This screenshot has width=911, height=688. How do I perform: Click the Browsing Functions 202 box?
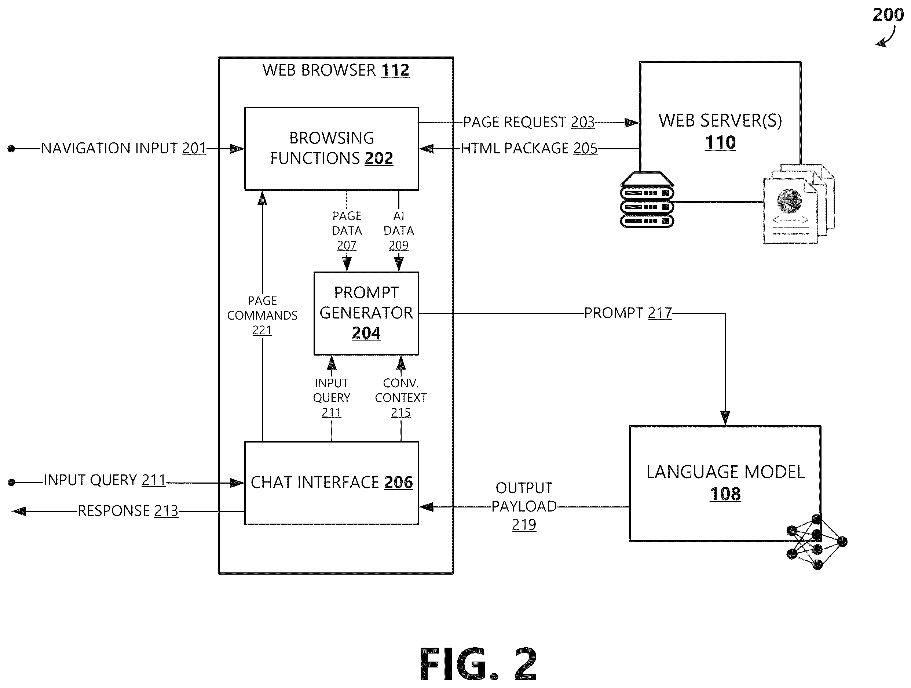(332, 149)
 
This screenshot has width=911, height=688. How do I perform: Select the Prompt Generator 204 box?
(366, 313)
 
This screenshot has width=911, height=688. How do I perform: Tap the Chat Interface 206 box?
(332, 483)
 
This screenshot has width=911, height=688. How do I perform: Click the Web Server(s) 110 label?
(720, 131)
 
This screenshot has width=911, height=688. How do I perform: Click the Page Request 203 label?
(529, 122)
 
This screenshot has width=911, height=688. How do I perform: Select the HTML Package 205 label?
(529, 148)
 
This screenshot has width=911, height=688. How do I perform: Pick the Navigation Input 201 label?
(124, 148)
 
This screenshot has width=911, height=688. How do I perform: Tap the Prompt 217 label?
(628, 313)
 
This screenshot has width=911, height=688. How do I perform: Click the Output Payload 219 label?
(524, 506)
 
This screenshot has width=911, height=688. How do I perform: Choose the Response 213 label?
(128, 511)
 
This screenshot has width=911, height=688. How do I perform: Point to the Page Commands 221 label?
(262, 315)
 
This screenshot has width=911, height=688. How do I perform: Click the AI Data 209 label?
(399, 231)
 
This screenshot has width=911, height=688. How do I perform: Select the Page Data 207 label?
(347, 231)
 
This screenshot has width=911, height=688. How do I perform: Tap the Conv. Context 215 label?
(401, 397)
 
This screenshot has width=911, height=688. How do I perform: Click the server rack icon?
(647, 200)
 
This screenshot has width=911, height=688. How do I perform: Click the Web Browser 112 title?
(336, 70)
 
